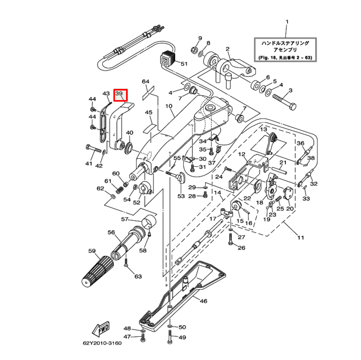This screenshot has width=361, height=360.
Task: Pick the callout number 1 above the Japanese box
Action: point(287,22)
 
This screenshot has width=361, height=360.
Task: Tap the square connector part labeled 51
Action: point(167,59)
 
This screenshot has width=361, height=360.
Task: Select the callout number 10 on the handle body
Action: point(169,107)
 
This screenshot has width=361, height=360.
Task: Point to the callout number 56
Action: point(111,232)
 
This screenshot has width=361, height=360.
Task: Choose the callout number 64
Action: point(146,82)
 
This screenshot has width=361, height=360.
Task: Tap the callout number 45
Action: point(148,112)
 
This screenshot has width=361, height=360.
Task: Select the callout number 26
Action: point(242,248)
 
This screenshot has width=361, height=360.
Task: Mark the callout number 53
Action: point(181,195)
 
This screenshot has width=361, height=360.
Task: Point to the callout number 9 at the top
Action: point(199,39)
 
